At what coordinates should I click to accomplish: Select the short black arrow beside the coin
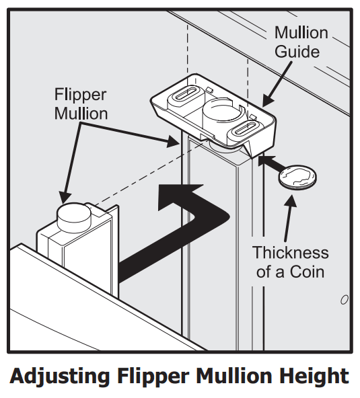(x=268, y=162)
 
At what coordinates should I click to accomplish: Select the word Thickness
(x=291, y=253)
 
